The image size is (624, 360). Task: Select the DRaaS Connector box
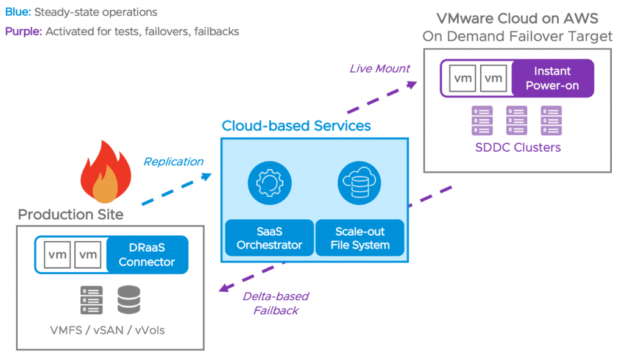tap(146, 254)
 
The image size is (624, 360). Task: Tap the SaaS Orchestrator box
tap(269, 238)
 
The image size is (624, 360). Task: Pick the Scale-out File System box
tap(360, 238)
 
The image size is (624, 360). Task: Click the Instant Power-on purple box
tap(551, 79)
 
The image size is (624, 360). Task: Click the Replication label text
tap(173, 161)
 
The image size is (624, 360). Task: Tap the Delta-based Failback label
tap(275, 303)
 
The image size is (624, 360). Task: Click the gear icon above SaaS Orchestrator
tap(269, 183)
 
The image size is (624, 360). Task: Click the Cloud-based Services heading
tap(296, 126)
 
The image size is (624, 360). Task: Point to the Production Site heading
tap(71, 214)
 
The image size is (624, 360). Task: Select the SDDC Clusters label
tap(517, 147)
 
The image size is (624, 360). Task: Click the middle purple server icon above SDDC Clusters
tap(517, 120)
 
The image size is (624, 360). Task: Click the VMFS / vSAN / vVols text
tap(108, 331)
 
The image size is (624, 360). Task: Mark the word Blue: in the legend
tap(18, 12)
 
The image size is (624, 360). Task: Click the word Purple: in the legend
tap(23, 32)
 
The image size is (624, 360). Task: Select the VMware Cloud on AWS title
tap(517, 18)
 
